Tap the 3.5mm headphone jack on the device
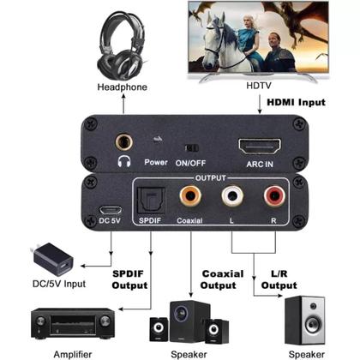120,135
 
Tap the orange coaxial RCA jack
189,198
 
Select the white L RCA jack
231,198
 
